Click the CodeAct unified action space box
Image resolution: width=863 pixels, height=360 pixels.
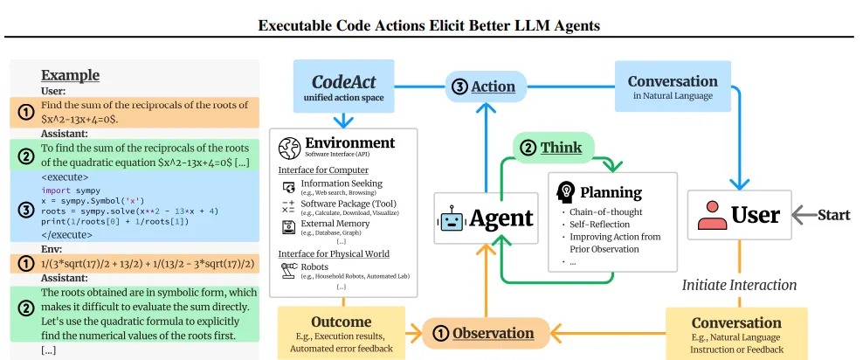[343, 87]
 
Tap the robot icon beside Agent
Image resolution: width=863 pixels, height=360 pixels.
[452, 218]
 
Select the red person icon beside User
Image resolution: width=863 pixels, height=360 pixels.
[712, 216]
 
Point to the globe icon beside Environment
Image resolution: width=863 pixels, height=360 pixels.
[289, 148]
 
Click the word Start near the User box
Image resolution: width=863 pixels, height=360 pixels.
[834, 215]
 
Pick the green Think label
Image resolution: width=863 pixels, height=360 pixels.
[554, 148]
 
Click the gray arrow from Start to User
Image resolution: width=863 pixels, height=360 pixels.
[804, 216]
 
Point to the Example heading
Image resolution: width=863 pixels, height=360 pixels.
[71, 75]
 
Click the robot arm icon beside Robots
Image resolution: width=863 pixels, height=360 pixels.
[288, 269]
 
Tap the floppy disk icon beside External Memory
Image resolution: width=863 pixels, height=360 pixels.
[288, 227]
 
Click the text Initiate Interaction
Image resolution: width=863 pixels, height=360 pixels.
[739, 285]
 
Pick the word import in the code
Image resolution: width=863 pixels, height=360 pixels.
[54, 190]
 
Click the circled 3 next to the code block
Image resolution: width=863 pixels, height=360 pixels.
[25, 211]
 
